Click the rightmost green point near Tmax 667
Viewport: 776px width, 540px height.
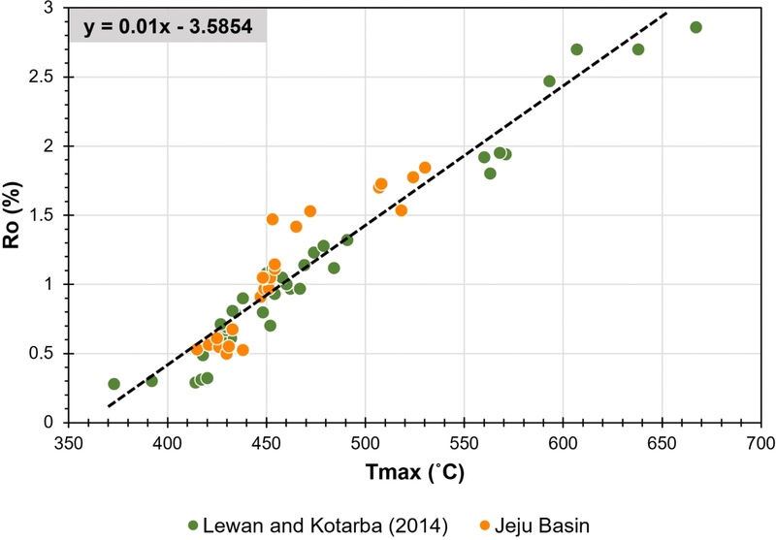pos(695,27)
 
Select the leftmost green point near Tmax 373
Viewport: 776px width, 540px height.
pos(114,384)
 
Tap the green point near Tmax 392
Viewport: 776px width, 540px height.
pos(151,381)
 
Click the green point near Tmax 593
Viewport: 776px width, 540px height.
pos(549,81)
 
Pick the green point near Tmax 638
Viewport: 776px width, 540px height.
pos(638,49)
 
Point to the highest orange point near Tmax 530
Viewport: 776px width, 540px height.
pos(425,168)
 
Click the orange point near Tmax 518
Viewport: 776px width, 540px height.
pos(401,210)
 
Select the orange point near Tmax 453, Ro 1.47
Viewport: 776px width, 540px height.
pos(273,219)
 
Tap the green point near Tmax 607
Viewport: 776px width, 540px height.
pos(577,49)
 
